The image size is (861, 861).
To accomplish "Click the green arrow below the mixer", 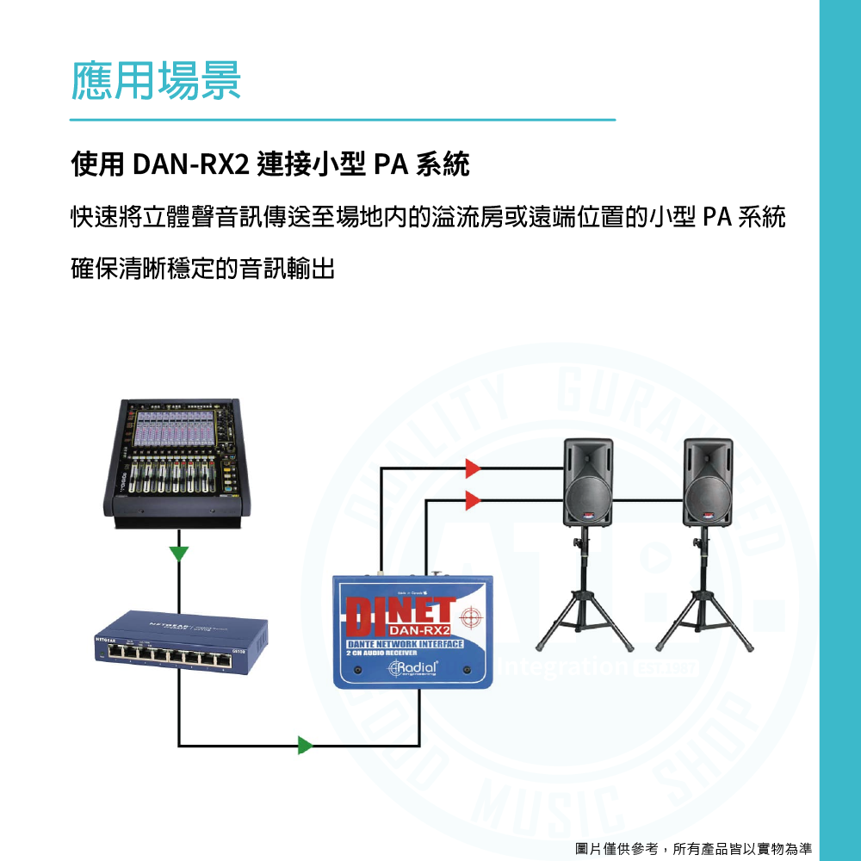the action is click(179, 552).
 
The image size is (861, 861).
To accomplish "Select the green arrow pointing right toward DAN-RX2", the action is click(305, 745).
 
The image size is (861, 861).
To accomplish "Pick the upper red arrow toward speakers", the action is click(472, 468).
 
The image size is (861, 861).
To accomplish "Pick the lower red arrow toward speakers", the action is click(472, 499).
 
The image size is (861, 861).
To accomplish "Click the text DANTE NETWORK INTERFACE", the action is click(405, 644).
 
